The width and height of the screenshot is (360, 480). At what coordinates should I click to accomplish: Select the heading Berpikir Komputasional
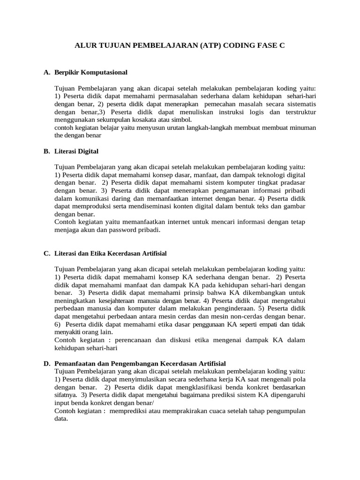click(x=91, y=73)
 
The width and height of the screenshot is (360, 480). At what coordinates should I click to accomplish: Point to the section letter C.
click(x=46, y=253)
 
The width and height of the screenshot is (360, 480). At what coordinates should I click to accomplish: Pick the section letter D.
click(x=46, y=363)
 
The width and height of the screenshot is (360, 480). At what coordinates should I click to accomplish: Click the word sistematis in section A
click(x=300, y=104)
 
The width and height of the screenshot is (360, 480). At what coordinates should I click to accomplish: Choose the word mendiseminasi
click(x=181, y=207)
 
